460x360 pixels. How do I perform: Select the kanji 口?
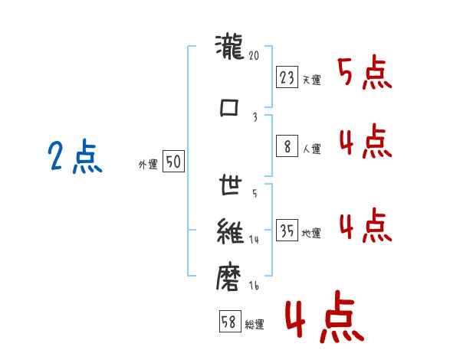point(230,107)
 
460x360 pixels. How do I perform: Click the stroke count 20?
point(255,56)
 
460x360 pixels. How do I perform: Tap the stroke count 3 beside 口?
point(255,117)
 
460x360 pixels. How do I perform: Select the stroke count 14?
point(255,239)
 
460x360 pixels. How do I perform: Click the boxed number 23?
point(287,77)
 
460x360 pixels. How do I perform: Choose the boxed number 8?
point(287,146)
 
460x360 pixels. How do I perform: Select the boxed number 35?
point(287,231)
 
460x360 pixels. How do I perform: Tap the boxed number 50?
point(173,162)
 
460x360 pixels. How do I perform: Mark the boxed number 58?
point(228,322)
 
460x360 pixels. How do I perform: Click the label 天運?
point(311,80)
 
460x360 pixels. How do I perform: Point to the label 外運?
point(147,164)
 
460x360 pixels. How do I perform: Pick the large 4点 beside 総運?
point(324,320)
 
